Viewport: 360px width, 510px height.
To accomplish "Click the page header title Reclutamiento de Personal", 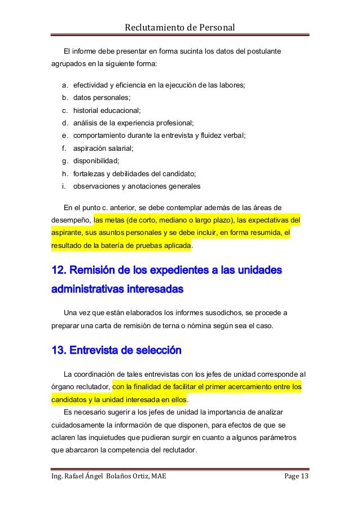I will point(179,27).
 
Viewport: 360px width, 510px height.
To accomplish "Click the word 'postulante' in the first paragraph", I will point(263,53).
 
